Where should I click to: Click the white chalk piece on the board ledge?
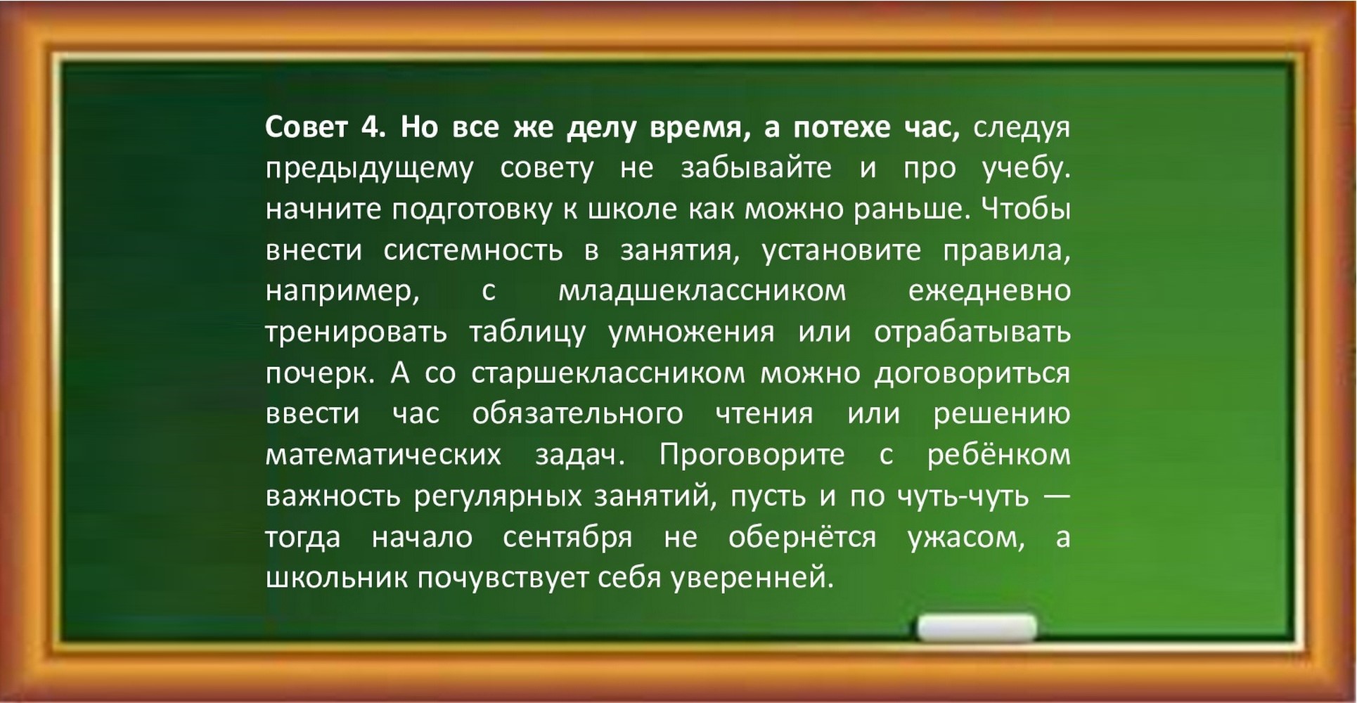tap(977, 628)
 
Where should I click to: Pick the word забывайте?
tap(756, 169)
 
